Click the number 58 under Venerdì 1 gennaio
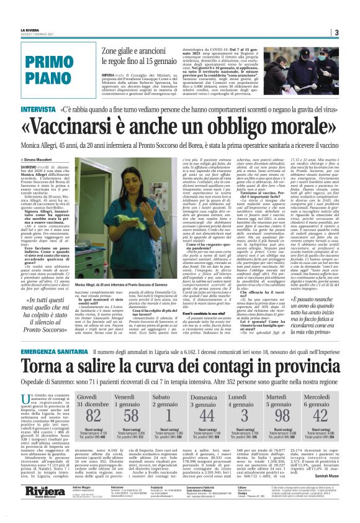[131, 414]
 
